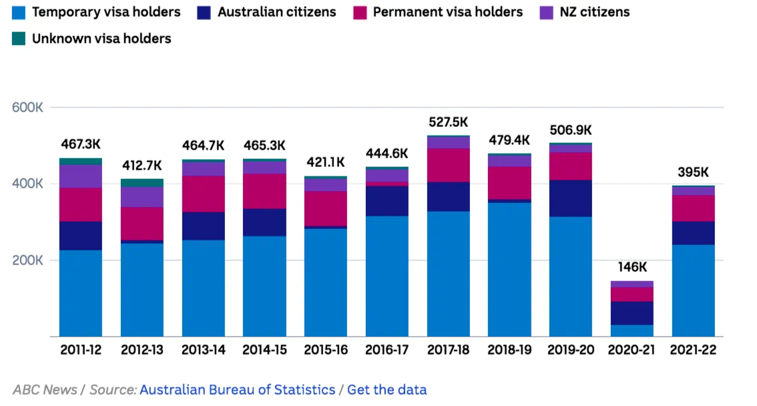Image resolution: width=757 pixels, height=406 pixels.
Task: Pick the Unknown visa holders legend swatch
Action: pyautogui.click(x=19, y=39)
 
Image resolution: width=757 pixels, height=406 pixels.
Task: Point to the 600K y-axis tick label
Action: pyautogui.click(x=27, y=107)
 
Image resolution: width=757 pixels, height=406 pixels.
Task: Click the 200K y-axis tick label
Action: pyautogui.click(x=27, y=260)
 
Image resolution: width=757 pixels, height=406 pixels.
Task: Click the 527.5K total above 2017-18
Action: pyautogui.click(x=448, y=122)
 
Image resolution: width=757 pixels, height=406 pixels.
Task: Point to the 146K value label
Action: pyautogui.click(x=632, y=267)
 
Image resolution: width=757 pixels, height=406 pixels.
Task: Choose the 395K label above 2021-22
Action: pyautogui.click(x=693, y=172)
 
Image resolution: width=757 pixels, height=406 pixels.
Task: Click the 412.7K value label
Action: pyautogui.click(x=142, y=166)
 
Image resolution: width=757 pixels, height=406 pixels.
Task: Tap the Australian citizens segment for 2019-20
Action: pyautogui.click(x=571, y=198)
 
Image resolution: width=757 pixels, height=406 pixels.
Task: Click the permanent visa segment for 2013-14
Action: pyautogui.click(x=204, y=194)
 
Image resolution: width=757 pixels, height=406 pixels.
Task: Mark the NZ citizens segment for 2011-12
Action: pyautogui.click(x=81, y=176)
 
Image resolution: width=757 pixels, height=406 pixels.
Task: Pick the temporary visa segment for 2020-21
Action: pyautogui.click(x=632, y=331)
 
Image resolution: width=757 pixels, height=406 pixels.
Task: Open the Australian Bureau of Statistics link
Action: pyautogui.click(x=237, y=389)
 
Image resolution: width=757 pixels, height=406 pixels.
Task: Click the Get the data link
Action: pyautogui.click(x=387, y=389)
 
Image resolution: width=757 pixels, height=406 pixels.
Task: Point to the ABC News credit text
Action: pyautogui.click(x=45, y=389)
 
